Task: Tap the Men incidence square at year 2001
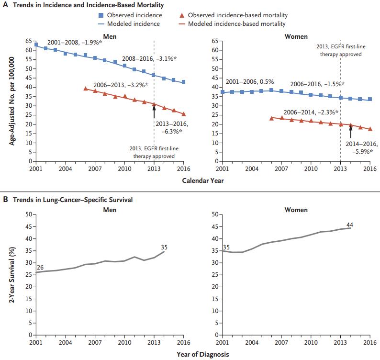[36, 45]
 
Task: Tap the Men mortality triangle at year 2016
[184, 114]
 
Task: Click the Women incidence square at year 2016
[370, 100]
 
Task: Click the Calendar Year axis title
[202, 180]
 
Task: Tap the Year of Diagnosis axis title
[202, 354]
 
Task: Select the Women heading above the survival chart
[296, 210]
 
